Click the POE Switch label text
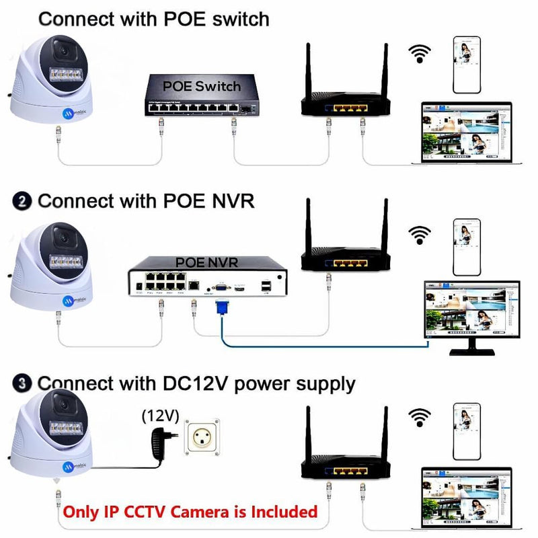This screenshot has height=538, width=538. coord(201,86)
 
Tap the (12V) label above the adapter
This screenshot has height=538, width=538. coord(160,416)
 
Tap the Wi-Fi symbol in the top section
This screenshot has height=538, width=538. coord(421,54)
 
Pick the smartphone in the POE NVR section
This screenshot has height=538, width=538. coord(466,246)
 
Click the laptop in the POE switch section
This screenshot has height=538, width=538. coord(465,134)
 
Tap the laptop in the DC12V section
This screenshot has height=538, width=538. coord(465,495)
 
